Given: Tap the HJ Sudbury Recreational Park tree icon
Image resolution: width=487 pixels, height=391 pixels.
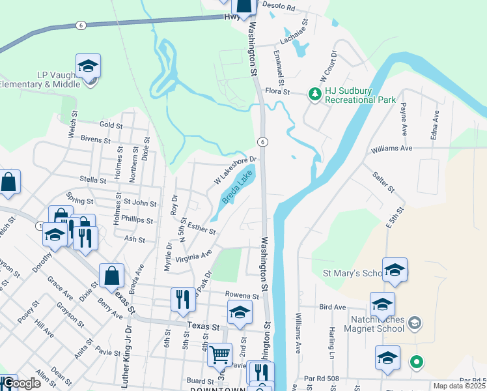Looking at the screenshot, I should [x=315, y=95].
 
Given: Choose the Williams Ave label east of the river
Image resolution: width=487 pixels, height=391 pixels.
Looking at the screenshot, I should [x=392, y=149].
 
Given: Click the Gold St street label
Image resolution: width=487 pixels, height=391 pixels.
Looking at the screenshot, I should [x=111, y=124].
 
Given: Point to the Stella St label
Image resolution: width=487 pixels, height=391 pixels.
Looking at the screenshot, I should [x=92, y=179].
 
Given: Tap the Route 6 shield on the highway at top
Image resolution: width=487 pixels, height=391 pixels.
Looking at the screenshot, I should [x=80, y=25].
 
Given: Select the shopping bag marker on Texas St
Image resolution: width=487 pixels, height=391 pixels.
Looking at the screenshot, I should [x=111, y=276].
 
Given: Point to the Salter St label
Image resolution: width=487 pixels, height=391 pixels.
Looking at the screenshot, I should [x=383, y=182].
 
